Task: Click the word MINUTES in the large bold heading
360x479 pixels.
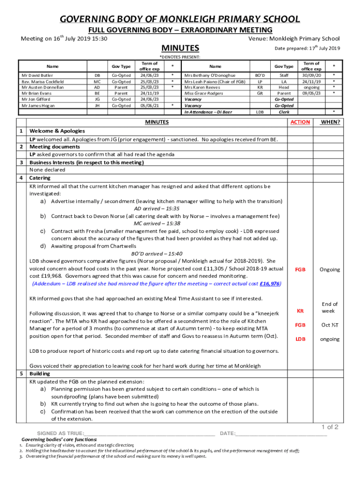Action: (180, 48)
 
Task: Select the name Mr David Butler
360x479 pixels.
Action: (37, 75)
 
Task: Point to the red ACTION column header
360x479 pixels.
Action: (300, 122)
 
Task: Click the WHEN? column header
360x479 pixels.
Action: (330, 122)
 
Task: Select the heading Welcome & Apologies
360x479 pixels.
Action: (54, 131)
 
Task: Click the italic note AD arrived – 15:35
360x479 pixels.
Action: (157, 209)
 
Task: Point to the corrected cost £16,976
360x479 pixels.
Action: (270, 283)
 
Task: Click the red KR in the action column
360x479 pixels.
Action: (300, 311)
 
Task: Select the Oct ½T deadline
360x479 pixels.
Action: (330, 325)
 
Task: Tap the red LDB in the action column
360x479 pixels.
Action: (300, 339)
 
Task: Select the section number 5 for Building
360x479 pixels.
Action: (22, 374)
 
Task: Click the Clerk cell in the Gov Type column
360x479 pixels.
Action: (284, 112)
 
